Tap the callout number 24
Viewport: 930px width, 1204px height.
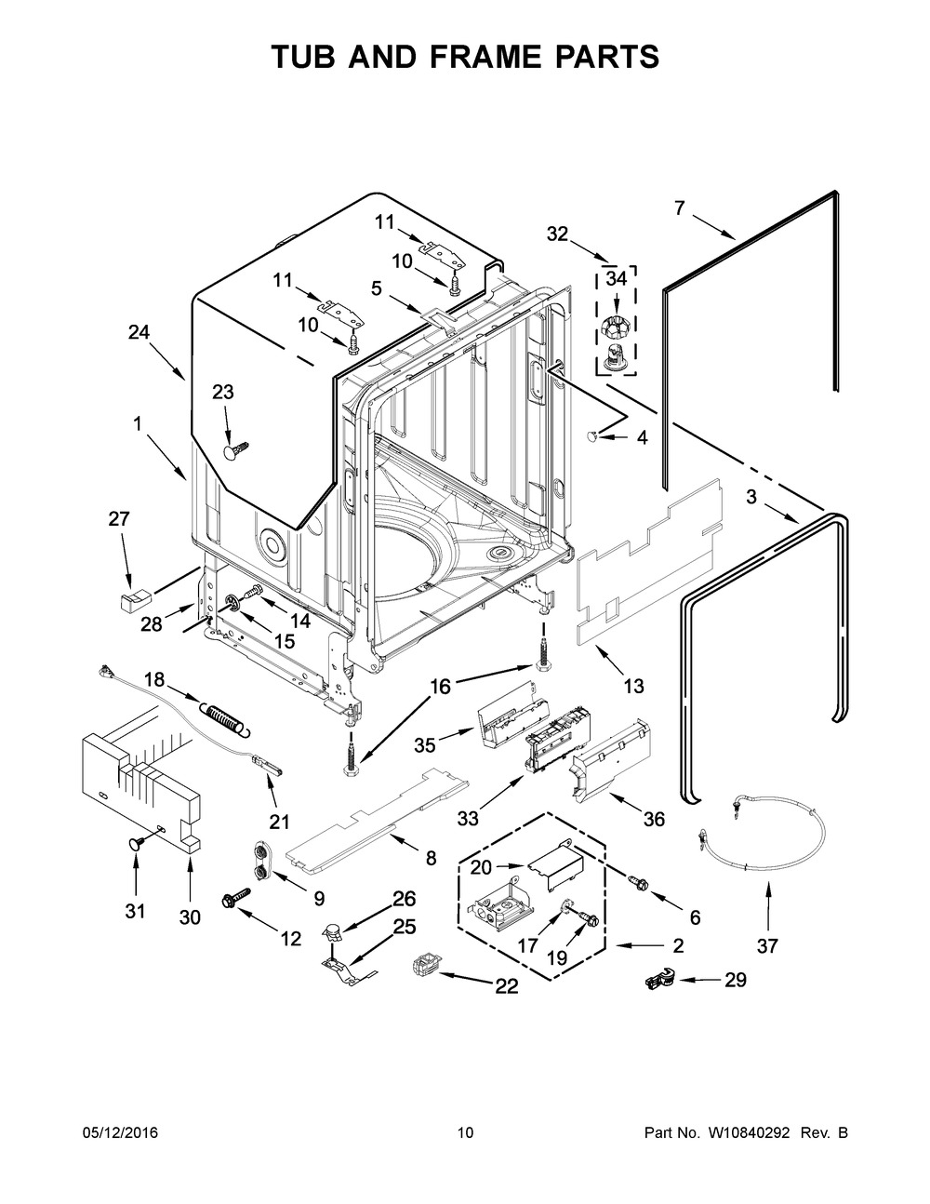pyautogui.click(x=139, y=331)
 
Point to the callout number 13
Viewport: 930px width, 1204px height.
pyautogui.click(x=633, y=687)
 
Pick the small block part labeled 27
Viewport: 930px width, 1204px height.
pyautogui.click(x=130, y=595)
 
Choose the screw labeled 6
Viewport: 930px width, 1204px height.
pyautogui.click(x=638, y=879)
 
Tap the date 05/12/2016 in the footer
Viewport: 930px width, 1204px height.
pyautogui.click(x=120, y=1132)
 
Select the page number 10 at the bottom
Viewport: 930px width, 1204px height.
pyautogui.click(x=465, y=1132)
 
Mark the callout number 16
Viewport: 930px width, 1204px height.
pyautogui.click(x=440, y=687)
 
